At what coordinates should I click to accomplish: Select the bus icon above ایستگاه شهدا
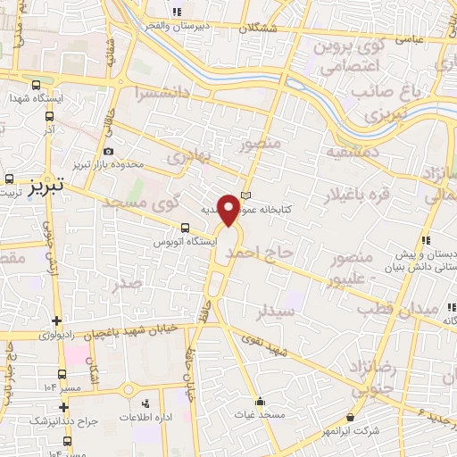(37, 86)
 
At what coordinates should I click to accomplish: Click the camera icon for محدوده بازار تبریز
(108, 152)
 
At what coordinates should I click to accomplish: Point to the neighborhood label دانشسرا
(162, 92)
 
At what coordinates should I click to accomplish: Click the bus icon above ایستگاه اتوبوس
(185, 228)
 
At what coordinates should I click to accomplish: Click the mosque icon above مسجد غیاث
(260, 401)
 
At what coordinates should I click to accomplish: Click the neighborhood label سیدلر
(275, 313)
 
